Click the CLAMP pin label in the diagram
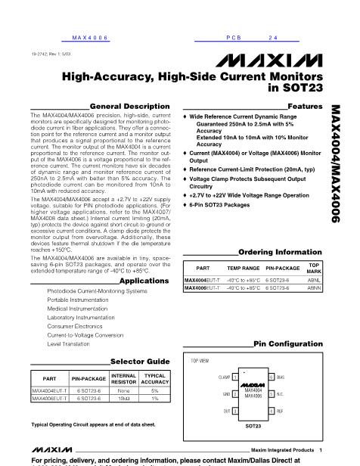click(x=224, y=376)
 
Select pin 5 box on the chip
click(x=270, y=393)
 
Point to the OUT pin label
click(x=226, y=410)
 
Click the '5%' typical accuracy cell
click(x=155, y=390)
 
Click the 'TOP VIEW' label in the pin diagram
click(x=200, y=362)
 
